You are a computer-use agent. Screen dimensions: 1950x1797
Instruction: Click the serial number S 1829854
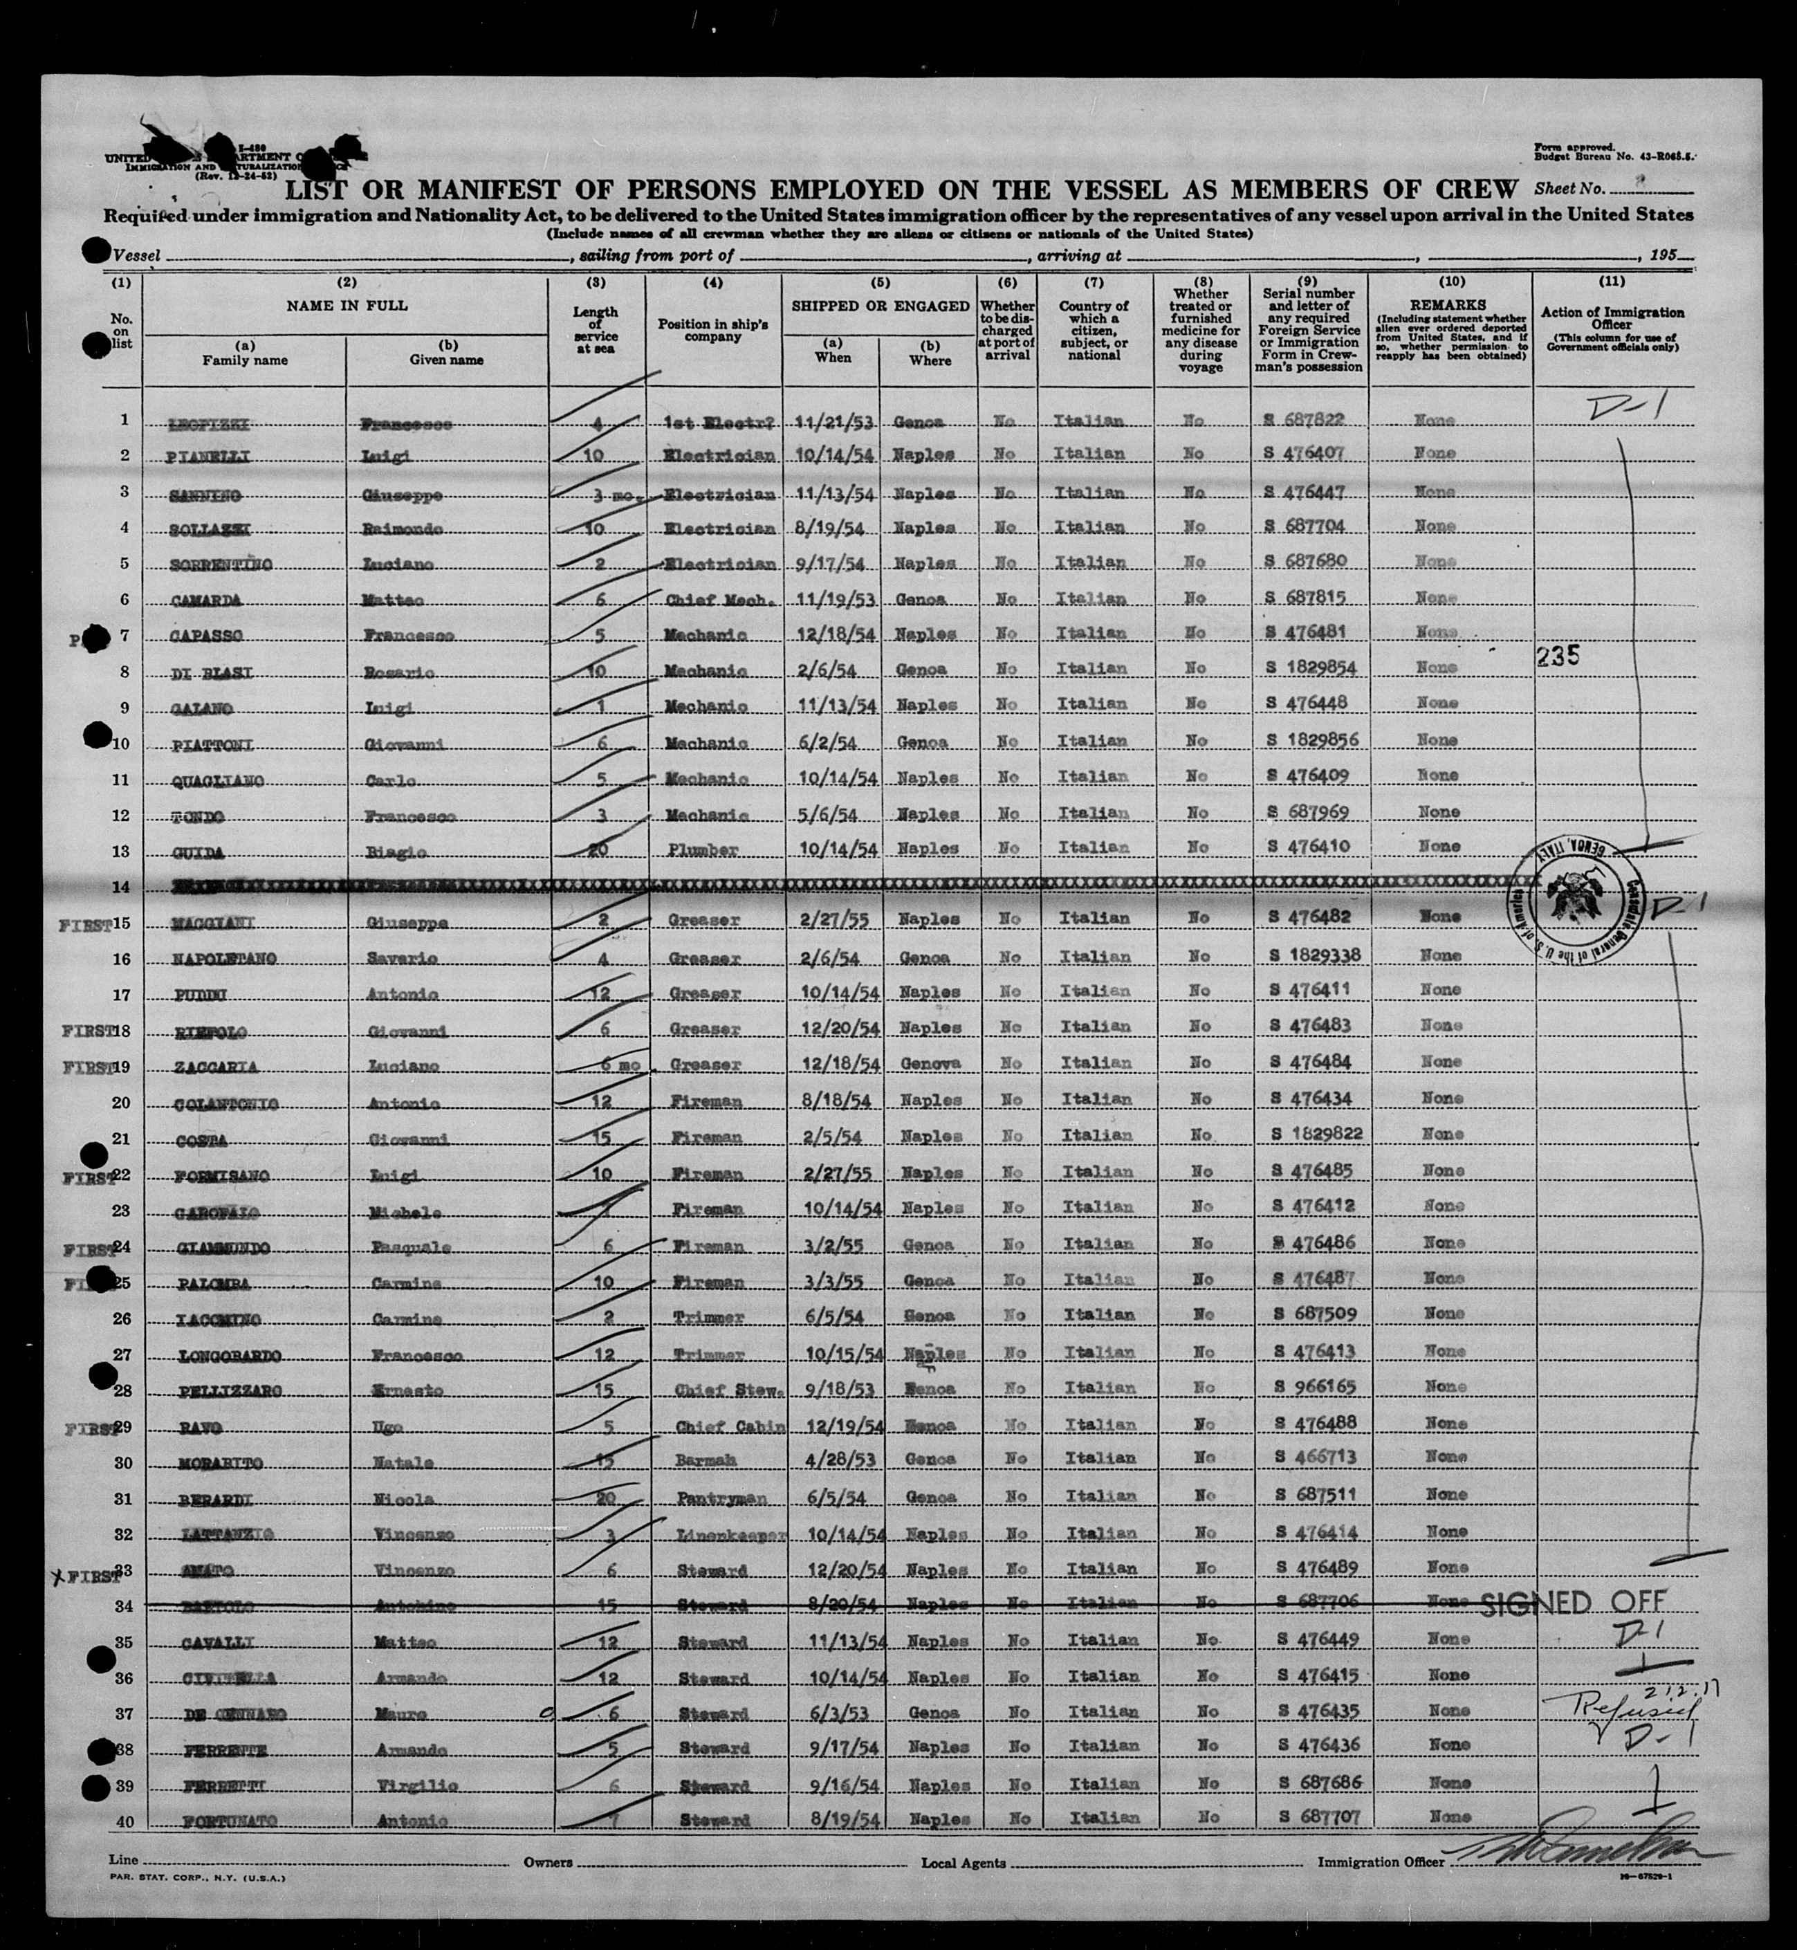tap(1310, 669)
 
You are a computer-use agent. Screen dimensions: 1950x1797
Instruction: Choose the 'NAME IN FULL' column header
tap(346, 305)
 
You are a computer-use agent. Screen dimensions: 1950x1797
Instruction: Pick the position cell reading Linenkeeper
tap(719, 1534)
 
